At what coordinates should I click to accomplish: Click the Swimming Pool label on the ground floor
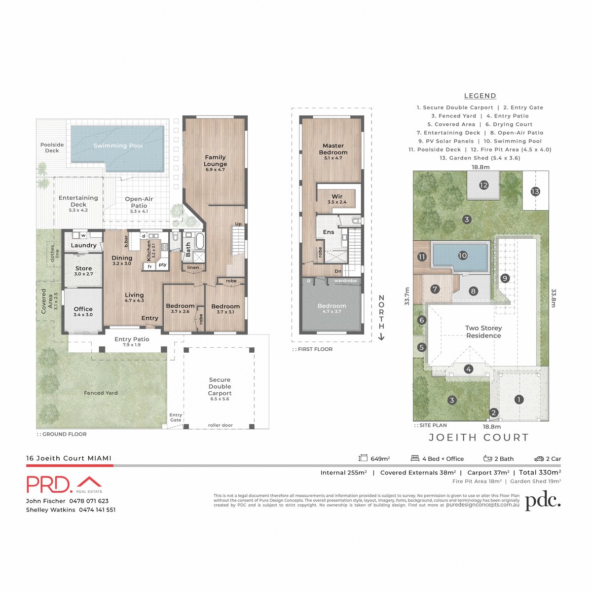point(118,146)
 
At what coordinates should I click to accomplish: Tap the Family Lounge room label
point(215,161)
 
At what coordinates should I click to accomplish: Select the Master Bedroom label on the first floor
point(333,149)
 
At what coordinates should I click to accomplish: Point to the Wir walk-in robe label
point(337,197)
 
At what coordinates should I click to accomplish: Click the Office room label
point(83,309)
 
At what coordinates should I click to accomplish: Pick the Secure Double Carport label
point(220,387)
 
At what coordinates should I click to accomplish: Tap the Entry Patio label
point(132,339)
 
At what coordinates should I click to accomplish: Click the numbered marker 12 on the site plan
point(483,185)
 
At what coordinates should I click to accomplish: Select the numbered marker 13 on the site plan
point(535,191)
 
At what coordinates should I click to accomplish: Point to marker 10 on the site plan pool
point(462,256)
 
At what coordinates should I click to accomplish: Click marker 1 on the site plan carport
point(518,400)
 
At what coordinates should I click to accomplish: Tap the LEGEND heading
point(480,96)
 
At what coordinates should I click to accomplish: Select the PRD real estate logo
point(64,484)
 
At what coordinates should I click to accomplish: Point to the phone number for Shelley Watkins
point(97,510)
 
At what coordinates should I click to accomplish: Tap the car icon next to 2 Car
point(539,458)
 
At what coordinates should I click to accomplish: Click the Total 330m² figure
point(540,472)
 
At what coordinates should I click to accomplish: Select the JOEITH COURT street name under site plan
point(479,438)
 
